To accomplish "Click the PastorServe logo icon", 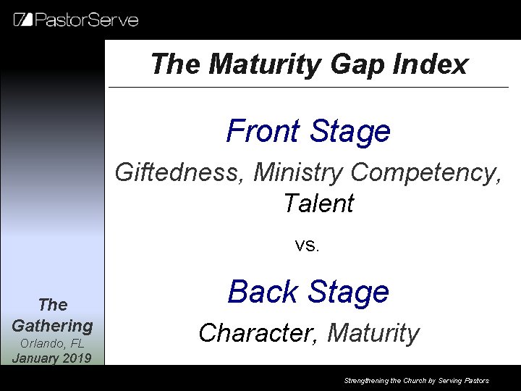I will point(23,20).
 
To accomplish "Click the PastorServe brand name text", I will point(86,20).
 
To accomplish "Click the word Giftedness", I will point(180,173).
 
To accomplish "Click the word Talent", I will point(318,203).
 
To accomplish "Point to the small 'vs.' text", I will point(308,245).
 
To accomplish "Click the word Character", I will point(258,333).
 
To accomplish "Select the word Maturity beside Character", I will point(373,333).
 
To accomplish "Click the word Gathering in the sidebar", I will point(52,326).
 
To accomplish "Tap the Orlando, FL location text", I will point(52,344).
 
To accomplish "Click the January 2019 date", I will point(52,358).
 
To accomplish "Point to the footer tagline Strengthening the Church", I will point(416,380).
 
